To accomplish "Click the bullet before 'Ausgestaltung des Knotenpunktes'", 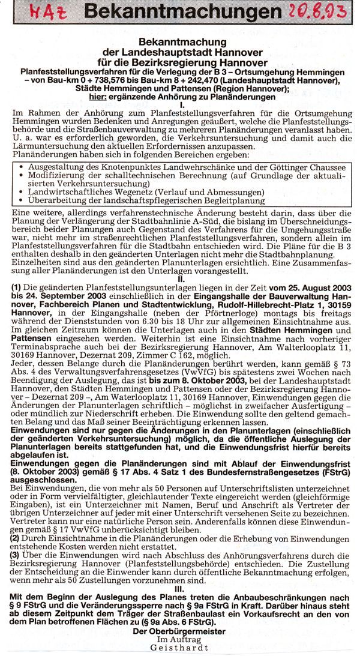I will pyautogui.click(x=16, y=165).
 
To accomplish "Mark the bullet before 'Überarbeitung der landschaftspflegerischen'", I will pyautogui.click(x=16, y=201).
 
